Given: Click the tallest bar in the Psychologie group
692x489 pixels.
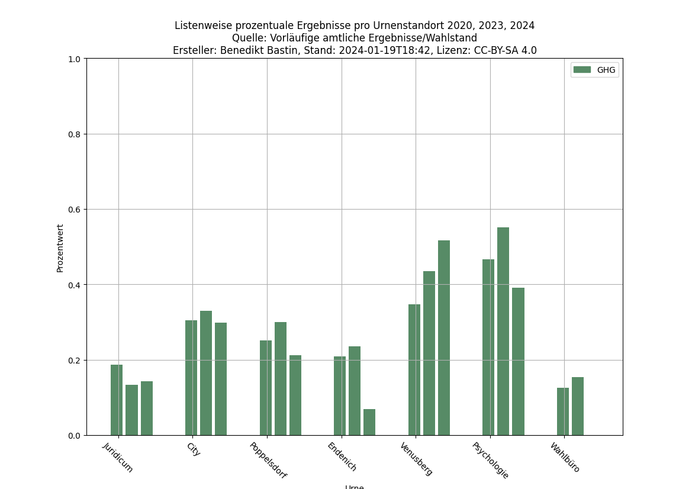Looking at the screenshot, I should click(x=503, y=331).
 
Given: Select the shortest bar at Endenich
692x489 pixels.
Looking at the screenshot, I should click(x=369, y=422).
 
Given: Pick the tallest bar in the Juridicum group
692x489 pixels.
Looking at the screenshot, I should click(x=117, y=400).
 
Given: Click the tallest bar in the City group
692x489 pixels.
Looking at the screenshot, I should click(x=206, y=373).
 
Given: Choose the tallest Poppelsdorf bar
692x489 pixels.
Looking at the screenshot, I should click(x=281, y=378).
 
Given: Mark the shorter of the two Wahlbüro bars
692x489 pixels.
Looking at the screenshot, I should click(x=563, y=411).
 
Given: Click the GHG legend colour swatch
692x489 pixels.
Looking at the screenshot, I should click(x=582, y=70).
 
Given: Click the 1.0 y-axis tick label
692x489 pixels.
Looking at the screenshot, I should click(x=74, y=59).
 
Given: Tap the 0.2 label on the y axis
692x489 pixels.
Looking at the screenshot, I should click(x=74, y=361).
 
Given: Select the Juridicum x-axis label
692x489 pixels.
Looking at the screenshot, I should click(x=118, y=458).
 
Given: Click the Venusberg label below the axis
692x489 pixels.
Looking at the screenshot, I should click(x=416, y=459).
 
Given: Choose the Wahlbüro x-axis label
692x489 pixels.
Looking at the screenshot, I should click(x=565, y=458).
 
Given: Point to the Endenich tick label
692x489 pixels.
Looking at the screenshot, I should click(x=342, y=457).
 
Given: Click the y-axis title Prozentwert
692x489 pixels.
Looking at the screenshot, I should click(x=60, y=248).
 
